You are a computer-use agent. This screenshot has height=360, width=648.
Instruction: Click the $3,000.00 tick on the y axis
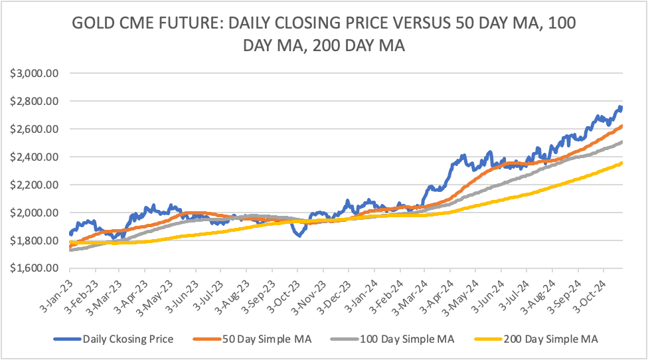(x=35, y=73)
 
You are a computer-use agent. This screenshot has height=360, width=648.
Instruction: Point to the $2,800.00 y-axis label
(x=35, y=101)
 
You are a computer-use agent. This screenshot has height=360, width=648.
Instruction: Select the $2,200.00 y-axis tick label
(x=35, y=185)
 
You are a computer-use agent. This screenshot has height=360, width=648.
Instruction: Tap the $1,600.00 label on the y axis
(x=35, y=268)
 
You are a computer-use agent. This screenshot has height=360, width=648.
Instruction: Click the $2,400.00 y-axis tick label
(x=35, y=157)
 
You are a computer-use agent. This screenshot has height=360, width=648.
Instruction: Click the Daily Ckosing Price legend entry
(x=127, y=339)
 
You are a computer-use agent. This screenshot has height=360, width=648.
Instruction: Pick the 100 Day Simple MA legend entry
(x=407, y=339)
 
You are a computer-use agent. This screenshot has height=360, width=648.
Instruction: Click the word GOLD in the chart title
(x=96, y=24)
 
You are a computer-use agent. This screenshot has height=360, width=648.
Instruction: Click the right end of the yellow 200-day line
(x=621, y=163)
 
